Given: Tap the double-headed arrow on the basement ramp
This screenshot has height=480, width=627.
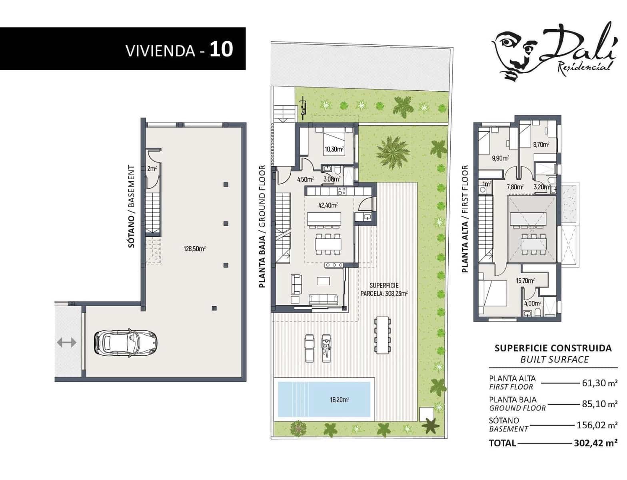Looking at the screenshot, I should pyautogui.click(x=66, y=342).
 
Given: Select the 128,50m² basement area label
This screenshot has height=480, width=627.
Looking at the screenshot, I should pyautogui.click(x=194, y=249).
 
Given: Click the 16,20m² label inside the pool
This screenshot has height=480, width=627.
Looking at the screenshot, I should pyautogui.click(x=339, y=400).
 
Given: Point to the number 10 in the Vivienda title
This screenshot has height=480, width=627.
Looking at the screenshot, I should pyautogui.click(x=221, y=49).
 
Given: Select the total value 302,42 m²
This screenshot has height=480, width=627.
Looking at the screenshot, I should pyautogui.click(x=595, y=443).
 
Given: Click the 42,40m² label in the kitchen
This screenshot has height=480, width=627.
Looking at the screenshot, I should pyautogui.click(x=328, y=206).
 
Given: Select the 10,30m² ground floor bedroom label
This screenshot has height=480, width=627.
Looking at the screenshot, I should pyautogui.click(x=334, y=149).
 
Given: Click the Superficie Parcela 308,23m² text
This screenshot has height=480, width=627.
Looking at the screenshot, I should pyautogui.click(x=384, y=290).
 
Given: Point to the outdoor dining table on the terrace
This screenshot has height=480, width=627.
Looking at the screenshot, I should pyautogui.click(x=382, y=335).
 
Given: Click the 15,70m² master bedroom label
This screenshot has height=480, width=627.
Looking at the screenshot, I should pyautogui.click(x=525, y=281).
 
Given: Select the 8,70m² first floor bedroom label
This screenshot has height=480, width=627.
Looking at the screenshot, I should pyautogui.click(x=541, y=145).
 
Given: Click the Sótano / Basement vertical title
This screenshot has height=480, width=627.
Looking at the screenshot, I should pyautogui.click(x=132, y=206).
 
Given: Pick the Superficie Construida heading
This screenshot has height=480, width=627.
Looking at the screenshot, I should pyautogui.click(x=553, y=348).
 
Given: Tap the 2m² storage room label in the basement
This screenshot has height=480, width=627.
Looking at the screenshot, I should pyautogui.click(x=152, y=169).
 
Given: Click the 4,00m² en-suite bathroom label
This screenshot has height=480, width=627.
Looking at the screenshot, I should pyautogui.click(x=532, y=304).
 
